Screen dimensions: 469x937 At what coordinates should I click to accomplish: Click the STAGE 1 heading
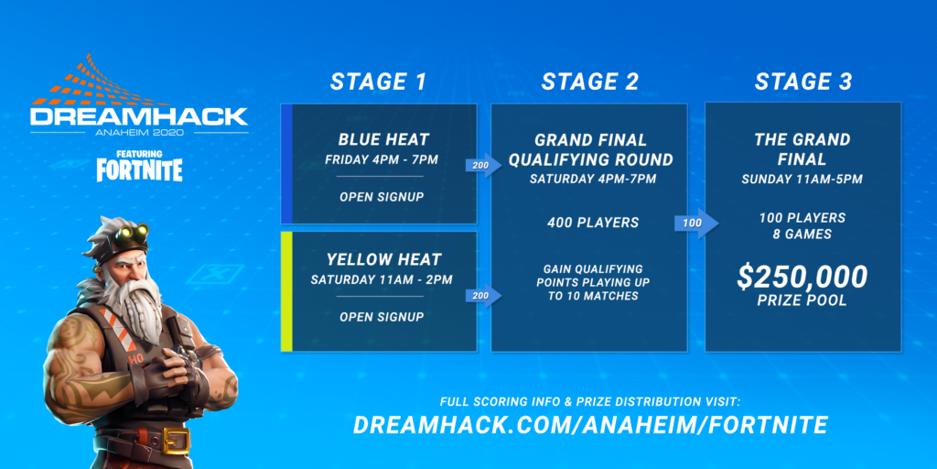378,82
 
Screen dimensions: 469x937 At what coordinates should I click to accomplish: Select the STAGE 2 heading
589,82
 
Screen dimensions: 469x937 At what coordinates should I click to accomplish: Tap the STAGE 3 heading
802,82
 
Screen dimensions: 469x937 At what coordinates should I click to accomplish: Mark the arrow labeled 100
695,224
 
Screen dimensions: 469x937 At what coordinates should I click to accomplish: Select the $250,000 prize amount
802,276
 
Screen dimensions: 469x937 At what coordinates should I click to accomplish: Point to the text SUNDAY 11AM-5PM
802,179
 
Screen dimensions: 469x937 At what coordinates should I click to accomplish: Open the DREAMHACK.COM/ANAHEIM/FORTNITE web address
590,425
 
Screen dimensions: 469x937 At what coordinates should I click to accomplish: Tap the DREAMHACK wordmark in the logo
138,117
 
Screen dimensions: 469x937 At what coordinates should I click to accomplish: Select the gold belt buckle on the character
177,442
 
